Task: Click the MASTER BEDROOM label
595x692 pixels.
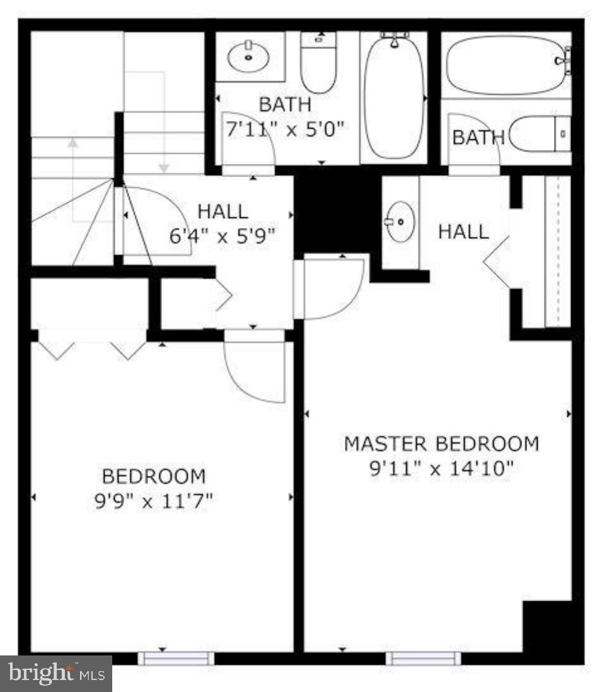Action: [x=441, y=444]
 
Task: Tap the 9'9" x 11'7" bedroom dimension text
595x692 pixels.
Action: [x=153, y=502]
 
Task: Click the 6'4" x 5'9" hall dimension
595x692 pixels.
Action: [x=222, y=236]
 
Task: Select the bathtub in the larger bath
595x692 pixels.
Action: [x=395, y=95]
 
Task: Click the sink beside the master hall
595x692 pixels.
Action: [x=399, y=222]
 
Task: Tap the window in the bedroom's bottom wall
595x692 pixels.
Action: [x=176, y=659]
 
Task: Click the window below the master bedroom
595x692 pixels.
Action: [x=423, y=659]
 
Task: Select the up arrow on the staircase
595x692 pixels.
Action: [x=73, y=144]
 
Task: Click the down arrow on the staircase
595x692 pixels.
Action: [x=164, y=167]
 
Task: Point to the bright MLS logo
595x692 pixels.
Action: [x=55, y=674]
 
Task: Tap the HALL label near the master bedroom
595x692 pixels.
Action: [x=463, y=231]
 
